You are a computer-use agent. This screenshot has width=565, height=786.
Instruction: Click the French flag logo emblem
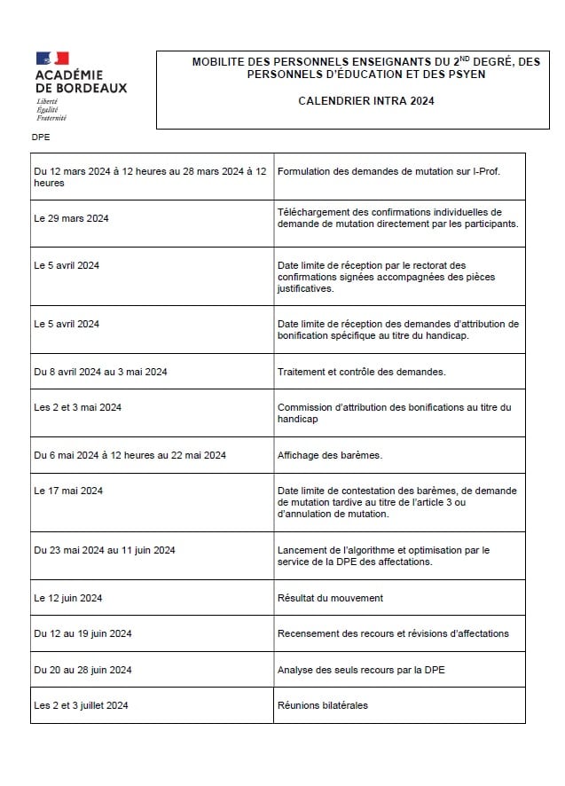52,59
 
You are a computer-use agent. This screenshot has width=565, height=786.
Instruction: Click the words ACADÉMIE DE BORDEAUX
81,82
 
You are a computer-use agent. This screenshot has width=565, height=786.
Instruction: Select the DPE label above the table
40,138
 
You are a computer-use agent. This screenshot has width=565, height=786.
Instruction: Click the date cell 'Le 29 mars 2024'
71,218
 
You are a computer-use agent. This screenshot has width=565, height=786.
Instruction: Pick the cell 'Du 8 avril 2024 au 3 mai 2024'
100,372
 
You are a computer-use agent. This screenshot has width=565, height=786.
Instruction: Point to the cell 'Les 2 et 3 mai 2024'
78,407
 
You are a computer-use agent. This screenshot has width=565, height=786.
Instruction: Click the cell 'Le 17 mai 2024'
68,491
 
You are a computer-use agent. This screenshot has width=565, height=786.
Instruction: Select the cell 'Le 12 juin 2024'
68,598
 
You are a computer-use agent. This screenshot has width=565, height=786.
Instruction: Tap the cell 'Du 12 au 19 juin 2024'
82,633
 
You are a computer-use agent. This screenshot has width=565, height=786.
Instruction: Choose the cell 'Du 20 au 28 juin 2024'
82,670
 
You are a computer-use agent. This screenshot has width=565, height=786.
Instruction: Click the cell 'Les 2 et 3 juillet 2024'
81,705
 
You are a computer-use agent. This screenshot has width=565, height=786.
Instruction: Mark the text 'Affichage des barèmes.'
329,455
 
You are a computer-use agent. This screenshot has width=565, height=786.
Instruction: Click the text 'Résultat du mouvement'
330,598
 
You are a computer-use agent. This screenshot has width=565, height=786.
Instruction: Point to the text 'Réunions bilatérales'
322,705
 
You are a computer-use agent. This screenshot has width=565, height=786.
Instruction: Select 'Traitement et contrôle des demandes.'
361,372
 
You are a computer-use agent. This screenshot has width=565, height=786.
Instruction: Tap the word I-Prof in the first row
483,170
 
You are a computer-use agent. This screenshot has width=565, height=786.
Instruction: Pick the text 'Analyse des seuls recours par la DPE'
361,670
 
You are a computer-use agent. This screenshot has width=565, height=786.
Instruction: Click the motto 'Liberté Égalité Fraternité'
51,110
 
